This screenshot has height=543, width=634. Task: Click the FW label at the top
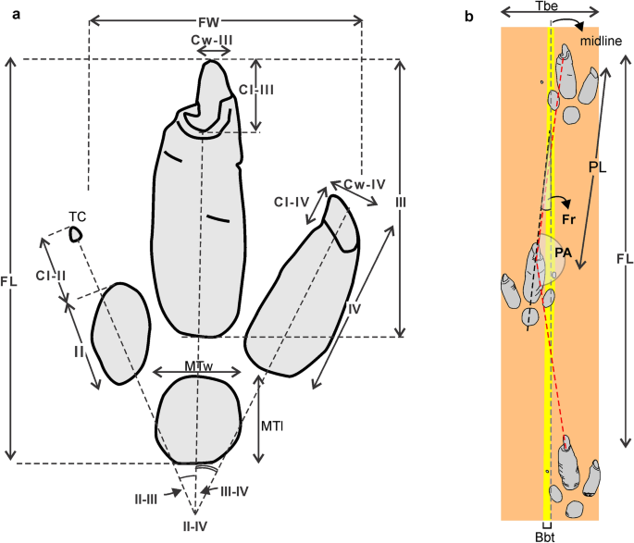225,19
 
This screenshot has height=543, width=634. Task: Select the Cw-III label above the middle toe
212,40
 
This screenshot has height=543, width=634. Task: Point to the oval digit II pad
120,333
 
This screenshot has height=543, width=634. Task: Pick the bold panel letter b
469,16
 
